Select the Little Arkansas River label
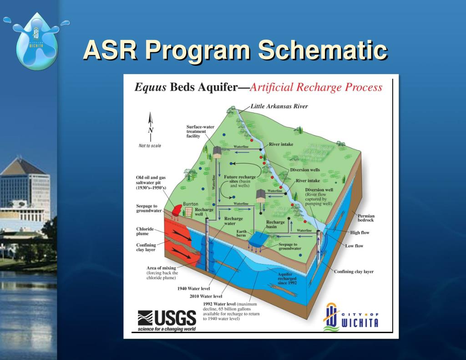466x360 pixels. tap(279, 106)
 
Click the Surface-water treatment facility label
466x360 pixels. tap(196, 131)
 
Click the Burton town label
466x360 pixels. tap(190, 204)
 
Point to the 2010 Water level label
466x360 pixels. tap(206, 296)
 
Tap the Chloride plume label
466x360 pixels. tap(145, 231)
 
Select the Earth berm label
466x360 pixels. tap(242, 233)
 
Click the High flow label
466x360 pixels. tap(360, 233)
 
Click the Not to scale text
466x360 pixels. tap(150, 146)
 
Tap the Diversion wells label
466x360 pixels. tap(305, 170)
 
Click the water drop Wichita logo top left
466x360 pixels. tap(37, 41)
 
